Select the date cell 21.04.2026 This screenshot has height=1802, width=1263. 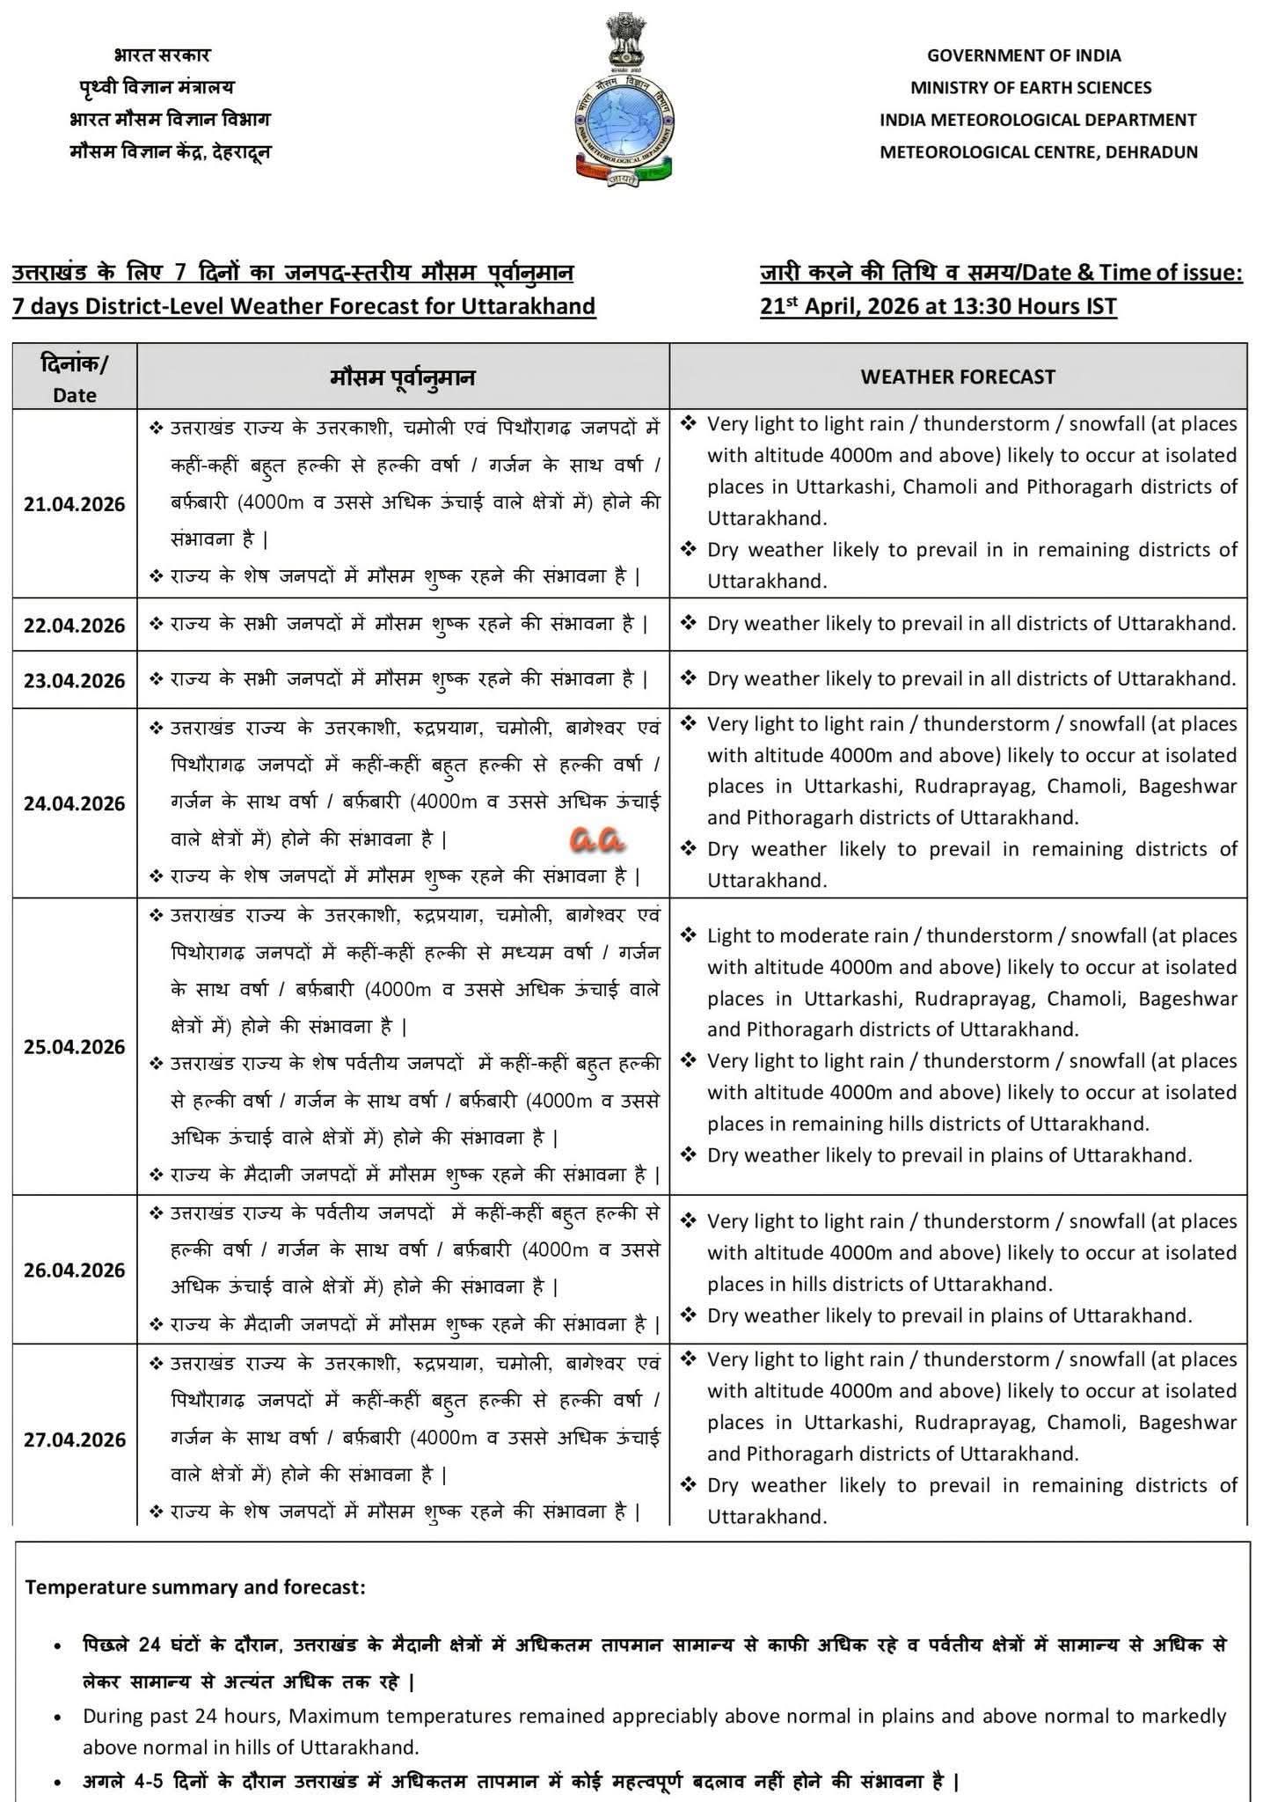click(x=75, y=504)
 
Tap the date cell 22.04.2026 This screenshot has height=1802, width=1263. click(x=75, y=625)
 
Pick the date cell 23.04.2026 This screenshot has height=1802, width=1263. click(x=75, y=680)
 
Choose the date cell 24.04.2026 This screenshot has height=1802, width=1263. click(x=75, y=803)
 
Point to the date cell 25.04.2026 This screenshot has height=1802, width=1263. click(x=75, y=1047)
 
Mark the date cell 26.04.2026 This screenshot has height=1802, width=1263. click(x=75, y=1270)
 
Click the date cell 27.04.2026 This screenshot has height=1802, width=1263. click(x=75, y=1439)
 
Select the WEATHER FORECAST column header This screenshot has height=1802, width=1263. click(x=957, y=377)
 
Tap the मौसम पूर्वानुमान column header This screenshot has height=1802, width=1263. click(x=403, y=377)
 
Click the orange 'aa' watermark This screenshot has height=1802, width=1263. click(x=596, y=839)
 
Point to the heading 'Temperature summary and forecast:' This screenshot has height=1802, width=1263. click(x=195, y=1588)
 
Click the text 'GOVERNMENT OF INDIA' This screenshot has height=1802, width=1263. click(x=1024, y=55)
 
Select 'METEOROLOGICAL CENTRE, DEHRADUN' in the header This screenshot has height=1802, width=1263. click(x=1039, y=151)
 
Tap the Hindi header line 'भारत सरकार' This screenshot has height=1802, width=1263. click(x=162, y=55)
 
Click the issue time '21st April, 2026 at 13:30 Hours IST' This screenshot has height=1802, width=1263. click(x=938, y=306)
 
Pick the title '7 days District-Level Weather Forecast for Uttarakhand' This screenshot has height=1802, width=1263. click(x=304, y=306)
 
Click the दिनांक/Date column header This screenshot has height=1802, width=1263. click(x=75, y=377)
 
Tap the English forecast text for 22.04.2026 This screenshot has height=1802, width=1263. click(x=971, y=624)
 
